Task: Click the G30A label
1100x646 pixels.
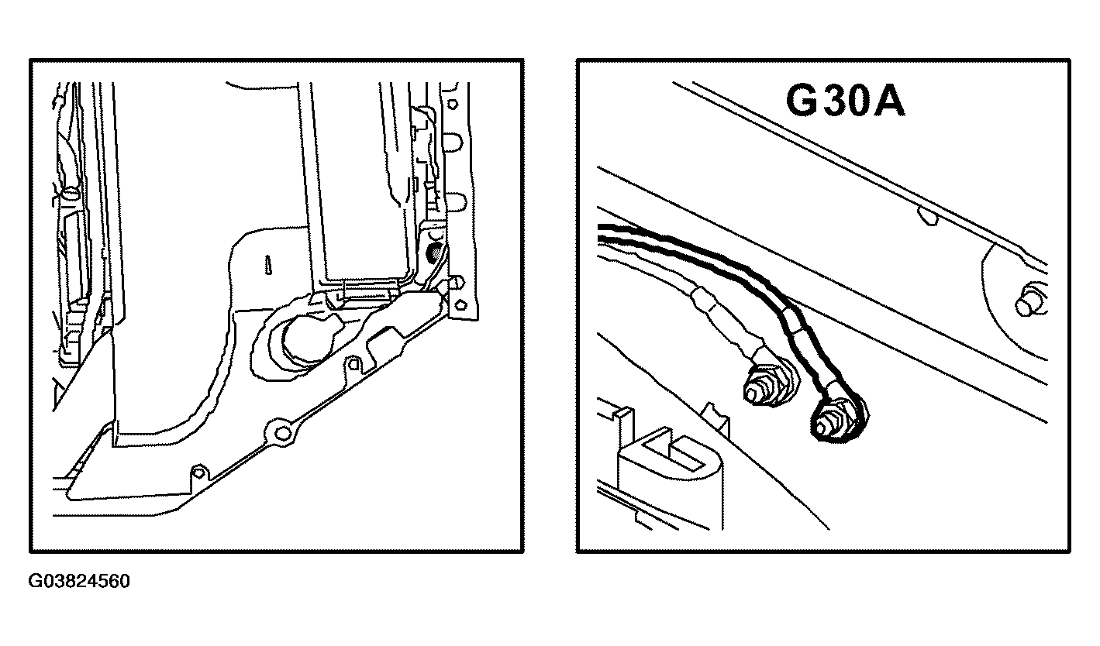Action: (845, 101)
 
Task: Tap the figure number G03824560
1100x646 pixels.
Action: (79, 581)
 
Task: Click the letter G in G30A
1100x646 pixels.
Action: (802, 101)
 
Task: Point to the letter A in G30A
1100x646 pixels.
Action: (888, 101)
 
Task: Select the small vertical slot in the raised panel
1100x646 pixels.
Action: (268, 264)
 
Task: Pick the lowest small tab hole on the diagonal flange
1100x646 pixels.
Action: (198, 472)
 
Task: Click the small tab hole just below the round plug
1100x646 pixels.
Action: (353, 363)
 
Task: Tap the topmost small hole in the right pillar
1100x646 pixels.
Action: (453, 104)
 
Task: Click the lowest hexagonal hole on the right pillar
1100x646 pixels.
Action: (460, 304)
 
